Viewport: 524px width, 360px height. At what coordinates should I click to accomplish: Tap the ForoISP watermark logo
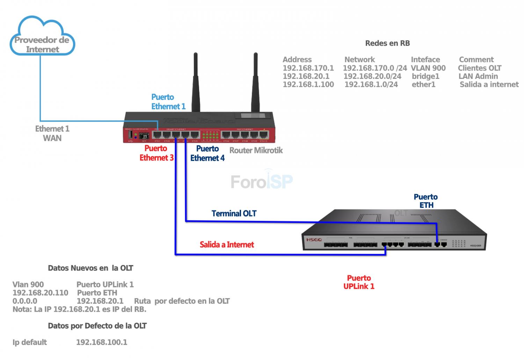click(261, 181)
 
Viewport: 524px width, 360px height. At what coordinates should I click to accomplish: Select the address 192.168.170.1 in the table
click(308, 68)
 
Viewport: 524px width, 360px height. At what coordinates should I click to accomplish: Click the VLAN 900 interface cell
click(428, 68)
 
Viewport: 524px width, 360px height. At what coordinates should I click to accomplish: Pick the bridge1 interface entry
click(425, 76)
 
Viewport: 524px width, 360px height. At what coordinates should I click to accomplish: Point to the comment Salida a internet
click(489, 85)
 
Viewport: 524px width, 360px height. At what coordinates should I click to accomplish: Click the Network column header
click(359, 60)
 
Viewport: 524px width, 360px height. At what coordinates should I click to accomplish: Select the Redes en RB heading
click(387, 43)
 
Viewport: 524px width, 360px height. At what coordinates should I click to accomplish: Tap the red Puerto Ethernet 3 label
click(156, 153)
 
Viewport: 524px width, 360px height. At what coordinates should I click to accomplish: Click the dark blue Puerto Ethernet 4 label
click(208, 153)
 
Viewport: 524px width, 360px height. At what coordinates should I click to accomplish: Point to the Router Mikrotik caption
click(256, 150)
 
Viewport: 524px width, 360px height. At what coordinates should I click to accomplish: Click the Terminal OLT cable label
click(234, 213)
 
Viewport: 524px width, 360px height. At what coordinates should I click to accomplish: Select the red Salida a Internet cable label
click(227, 244)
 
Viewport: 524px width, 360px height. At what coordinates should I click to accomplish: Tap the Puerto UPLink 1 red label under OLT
click(359, 282)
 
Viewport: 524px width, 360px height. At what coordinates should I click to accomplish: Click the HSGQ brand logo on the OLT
click(314, 240)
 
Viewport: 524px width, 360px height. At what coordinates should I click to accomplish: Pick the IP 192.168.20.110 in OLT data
click(40, 293)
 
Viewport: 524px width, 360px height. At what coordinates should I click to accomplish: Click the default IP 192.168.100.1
click(102, 342)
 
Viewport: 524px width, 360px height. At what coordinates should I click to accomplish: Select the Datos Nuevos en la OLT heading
click(90, 268)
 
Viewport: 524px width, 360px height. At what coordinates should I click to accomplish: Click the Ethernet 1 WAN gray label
click(52, 133)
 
